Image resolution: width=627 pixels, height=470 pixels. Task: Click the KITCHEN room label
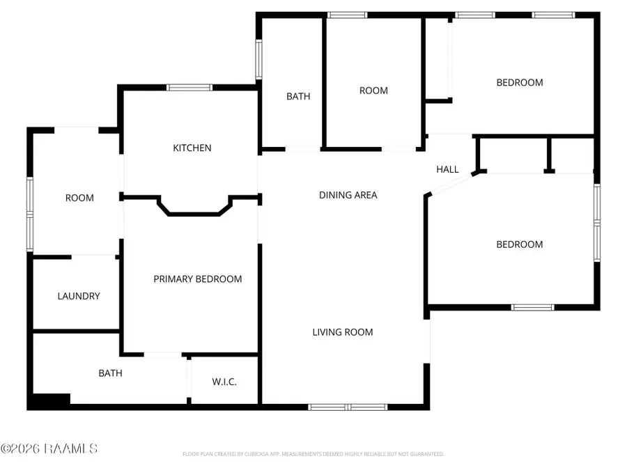click(192, 148)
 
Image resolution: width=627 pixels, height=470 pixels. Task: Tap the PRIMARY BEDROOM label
click(198, 279)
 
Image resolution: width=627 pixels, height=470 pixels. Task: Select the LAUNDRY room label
click(79, 296)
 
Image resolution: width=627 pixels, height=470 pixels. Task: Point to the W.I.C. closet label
click(224, 382)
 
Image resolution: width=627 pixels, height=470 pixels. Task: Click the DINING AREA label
click(348, 195)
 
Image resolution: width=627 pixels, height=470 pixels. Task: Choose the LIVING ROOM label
click(342, 332)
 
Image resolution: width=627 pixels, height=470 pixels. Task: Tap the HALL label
click(447, 169)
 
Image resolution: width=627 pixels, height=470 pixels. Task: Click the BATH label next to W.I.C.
click(110, 373)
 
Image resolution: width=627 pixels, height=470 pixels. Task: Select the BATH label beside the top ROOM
click(298, 97)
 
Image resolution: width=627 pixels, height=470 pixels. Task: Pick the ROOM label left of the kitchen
click(79, 198)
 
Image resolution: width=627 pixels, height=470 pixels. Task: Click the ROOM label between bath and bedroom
click(373, 91)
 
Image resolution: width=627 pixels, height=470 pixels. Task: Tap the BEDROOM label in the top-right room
click(519, 82)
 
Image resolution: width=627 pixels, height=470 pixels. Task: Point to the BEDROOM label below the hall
click(519, 244)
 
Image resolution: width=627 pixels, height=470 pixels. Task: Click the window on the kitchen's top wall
click(189, 88)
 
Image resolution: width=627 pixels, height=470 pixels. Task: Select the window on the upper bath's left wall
click(258, 59)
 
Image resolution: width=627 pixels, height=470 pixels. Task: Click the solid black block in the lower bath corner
click(49, 401)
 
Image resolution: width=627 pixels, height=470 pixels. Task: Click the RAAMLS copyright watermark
click(49, 448)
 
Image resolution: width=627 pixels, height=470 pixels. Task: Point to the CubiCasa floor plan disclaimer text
click(313, 454)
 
